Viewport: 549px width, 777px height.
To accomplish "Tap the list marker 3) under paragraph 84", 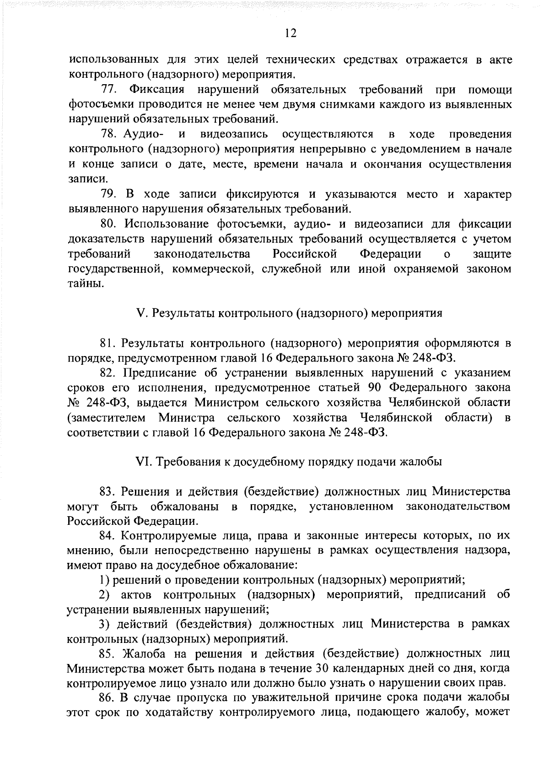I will click(x=105, y=625).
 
